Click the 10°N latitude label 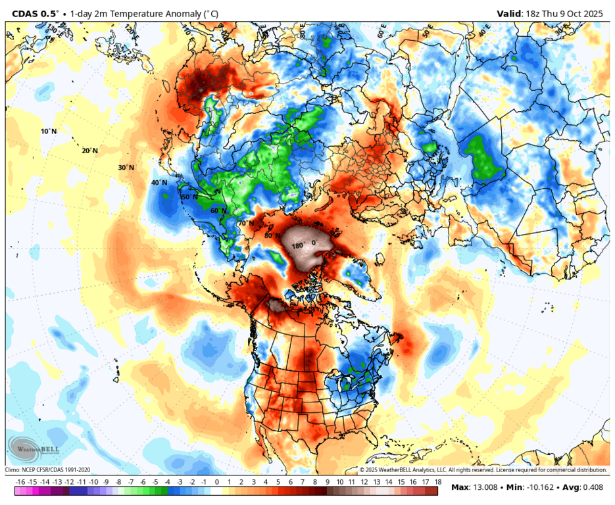point(49,132)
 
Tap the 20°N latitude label point(89,151)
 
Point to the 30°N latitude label point(126,168)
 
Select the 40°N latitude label point(159,183)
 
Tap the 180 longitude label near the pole point(297,245)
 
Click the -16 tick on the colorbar point(20,481)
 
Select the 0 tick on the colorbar point(217,481)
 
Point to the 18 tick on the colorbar point(437,481)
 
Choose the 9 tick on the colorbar point(327,481)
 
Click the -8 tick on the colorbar point(118,481)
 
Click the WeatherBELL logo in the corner point(34,448)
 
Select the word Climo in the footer point(14,470)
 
